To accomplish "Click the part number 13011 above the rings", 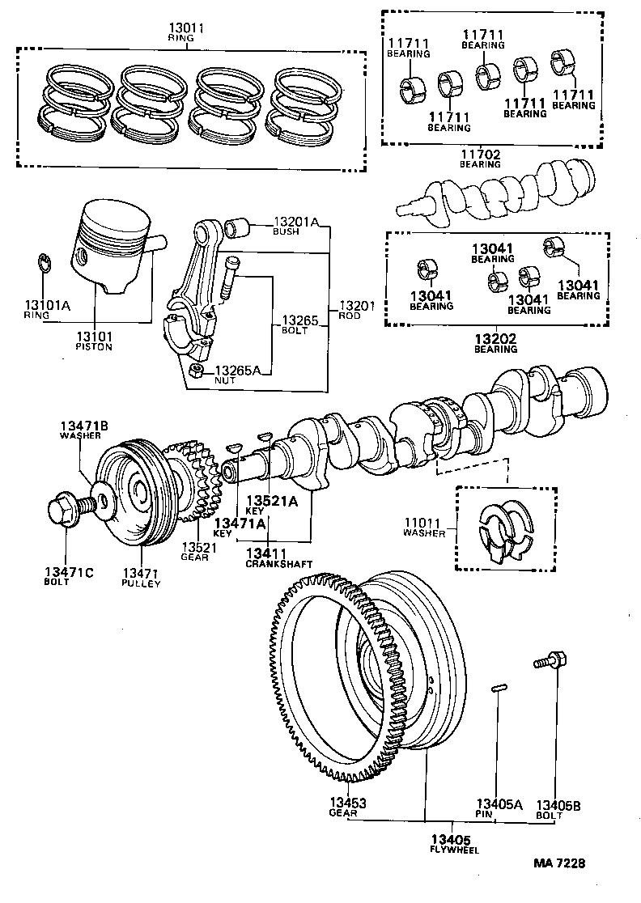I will (x=186, y=28).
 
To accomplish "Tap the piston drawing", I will (x=117, y=243).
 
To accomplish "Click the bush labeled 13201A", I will (x=239, y=227).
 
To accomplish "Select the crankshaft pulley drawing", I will (x=134, y=494).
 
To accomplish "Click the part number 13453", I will (x=347, y=803).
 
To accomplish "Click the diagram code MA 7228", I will (x=558, y=863).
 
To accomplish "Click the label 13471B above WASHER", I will (x=79, y=425).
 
